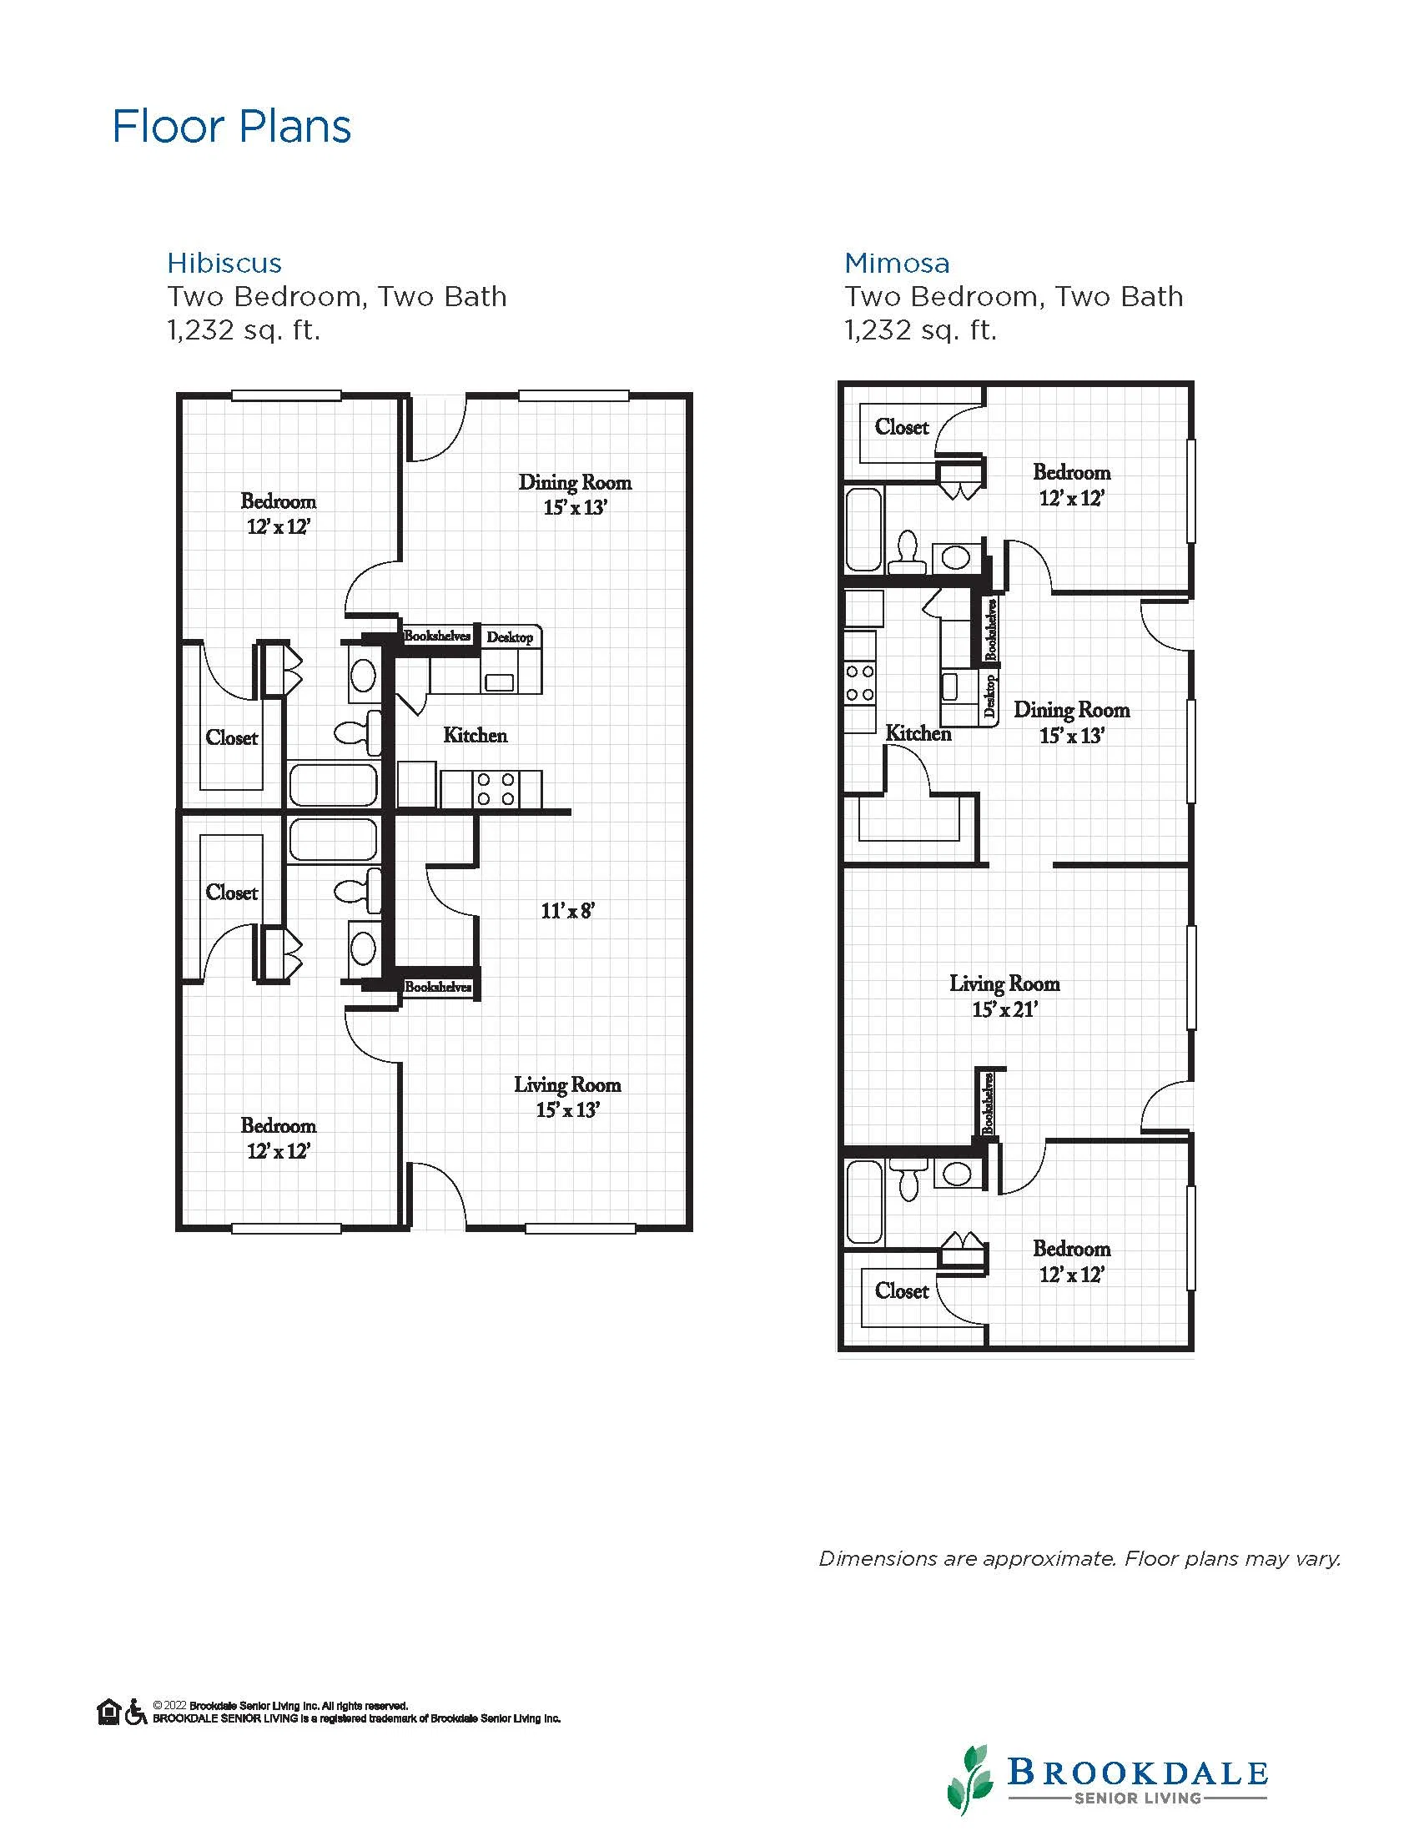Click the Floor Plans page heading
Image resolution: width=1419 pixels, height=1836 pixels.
pos(231,127)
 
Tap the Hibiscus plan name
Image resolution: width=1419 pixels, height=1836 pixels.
pos(224,263)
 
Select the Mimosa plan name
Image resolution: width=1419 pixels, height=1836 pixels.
pos(897,263)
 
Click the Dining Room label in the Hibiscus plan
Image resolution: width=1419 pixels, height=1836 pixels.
pos(575,482)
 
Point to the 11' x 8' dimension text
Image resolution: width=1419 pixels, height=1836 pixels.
pos(568,910)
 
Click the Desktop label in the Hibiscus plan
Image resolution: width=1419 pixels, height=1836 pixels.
pos(510,637)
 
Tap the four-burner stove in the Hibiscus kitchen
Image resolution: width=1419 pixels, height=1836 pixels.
pos(496,788)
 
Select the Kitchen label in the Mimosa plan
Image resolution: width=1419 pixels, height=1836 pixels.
pos(918,733)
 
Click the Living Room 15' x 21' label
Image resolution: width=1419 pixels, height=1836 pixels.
pos(1004,996)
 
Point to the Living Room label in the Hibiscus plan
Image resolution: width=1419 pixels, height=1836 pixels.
pos(567,1084)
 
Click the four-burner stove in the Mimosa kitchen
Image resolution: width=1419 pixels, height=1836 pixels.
pos(860,682)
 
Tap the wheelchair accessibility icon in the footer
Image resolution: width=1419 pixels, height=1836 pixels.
pos(136,1712)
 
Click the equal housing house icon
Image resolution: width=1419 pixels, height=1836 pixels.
pos(109,1712)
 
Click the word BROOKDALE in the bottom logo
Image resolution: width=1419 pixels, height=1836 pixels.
pos(1137,1765)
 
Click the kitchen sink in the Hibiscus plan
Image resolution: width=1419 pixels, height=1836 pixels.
pos(500,682)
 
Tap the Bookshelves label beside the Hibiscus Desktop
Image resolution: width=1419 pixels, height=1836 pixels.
pos(437,636)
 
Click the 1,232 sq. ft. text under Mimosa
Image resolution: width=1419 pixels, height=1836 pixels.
pos(920,330)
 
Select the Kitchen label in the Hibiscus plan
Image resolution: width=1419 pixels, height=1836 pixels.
pos(476,736)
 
